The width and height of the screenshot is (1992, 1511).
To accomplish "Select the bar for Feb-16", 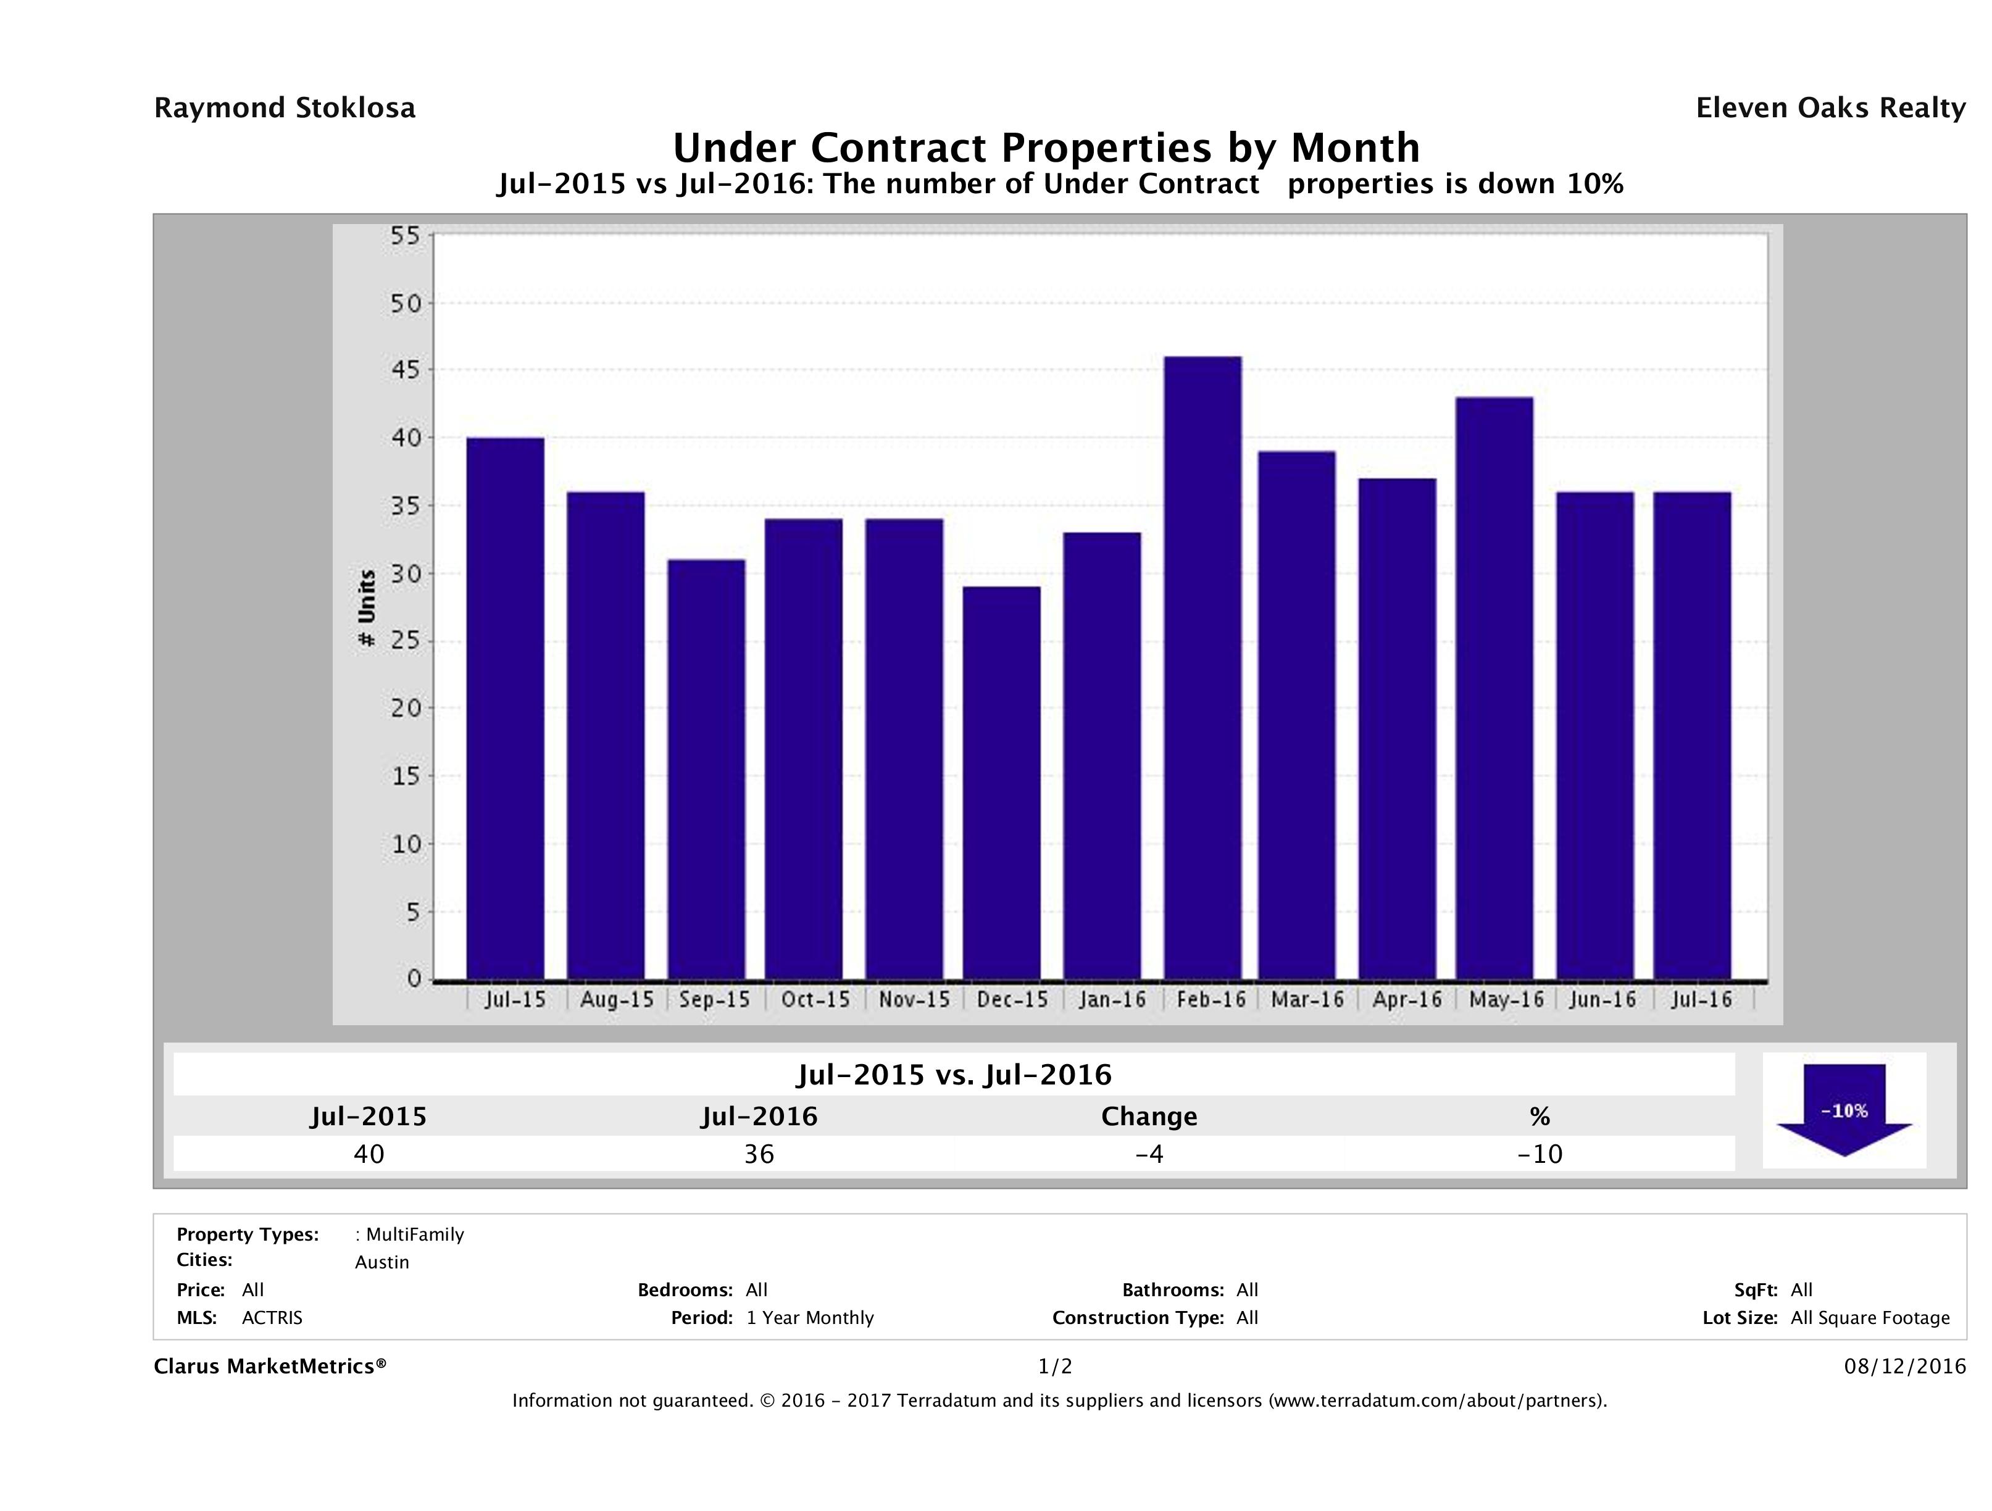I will [x=1202, y=667].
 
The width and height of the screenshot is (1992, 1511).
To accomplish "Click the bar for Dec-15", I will [x=1001, y=783].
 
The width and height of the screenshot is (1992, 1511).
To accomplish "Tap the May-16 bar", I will [x=1494, y=688].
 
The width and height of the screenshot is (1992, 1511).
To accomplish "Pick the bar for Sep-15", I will [x=707, y=769].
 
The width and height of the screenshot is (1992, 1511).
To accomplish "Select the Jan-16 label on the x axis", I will [x=1113, y=999].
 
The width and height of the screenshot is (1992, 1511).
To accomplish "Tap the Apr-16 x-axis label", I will [x=1407, y=999].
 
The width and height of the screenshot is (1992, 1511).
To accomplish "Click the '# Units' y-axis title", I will [x=367, y=609].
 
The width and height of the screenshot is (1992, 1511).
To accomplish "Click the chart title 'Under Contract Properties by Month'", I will [x=1046, y=148].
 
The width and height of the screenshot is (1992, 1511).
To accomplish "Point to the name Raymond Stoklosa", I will [x=285, y=108].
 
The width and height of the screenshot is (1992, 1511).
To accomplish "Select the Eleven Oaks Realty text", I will [x=1830, y=108].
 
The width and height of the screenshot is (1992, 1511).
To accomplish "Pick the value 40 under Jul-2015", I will [x=369, y=1154].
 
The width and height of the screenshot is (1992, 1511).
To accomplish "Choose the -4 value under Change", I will [x=1149, y=1154].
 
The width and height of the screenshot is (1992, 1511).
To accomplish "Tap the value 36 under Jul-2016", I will [x=759, y=1154].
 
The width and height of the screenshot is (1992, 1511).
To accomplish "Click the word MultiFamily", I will [x=414, y=1234].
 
